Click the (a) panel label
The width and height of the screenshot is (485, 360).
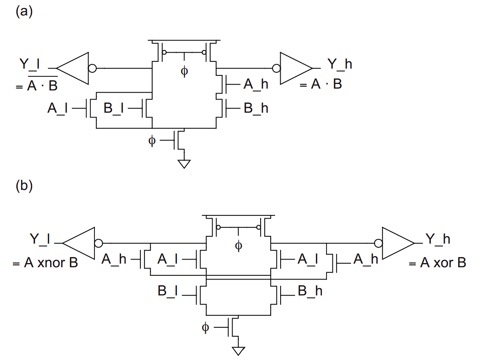pyautogui.click(x=24, y=12)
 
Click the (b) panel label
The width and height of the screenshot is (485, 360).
pyautogui.click(x=24, y=186)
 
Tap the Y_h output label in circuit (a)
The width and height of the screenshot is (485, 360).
pyautogui.click(x=339, y=64)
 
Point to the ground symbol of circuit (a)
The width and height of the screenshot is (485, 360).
pyautogui.click(x=184, y=164)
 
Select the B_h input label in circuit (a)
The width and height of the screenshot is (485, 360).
pyautogui.click(x=256, y=108)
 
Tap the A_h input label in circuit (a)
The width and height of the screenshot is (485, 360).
pyautogui.click(x=256, y=84)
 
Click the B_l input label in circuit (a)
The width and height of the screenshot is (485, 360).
pyautogui.click(x=114, y=108)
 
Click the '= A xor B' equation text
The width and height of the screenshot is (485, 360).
pyautogui.click(x=437, y=263)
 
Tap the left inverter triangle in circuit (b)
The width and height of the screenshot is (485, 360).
pyautogui.click(x=78, y=243)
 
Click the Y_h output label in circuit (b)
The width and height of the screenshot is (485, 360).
pyautogui.click(x=437, y=239)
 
